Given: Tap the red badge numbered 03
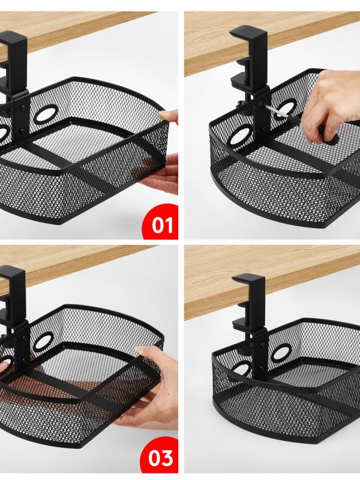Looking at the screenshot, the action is point(160,456).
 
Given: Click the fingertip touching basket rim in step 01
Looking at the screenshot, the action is point(169,116).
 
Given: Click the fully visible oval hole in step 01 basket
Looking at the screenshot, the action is point(46,114).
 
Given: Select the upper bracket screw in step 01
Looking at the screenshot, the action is point(22,108).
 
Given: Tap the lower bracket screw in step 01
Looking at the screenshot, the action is point(22,132).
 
